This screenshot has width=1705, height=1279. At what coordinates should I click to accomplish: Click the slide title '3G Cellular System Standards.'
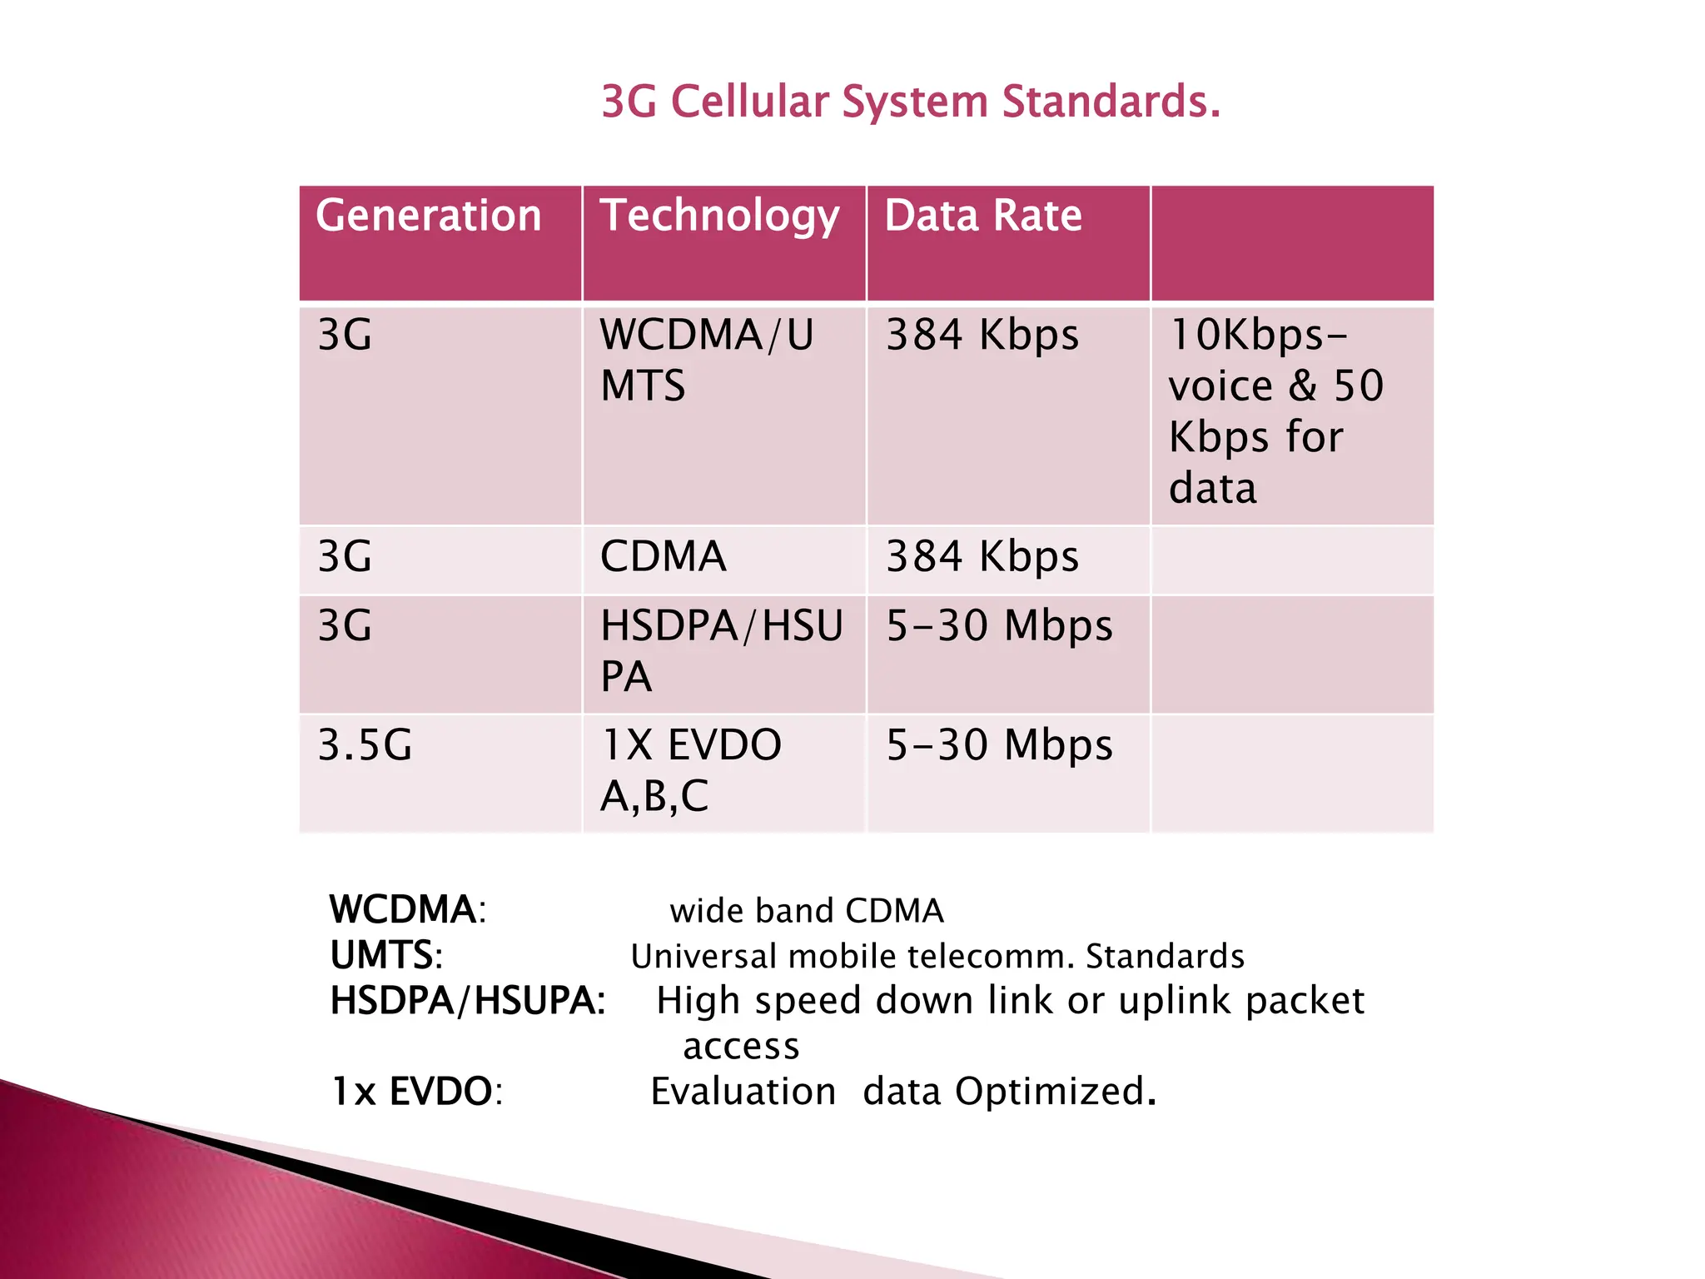(911, 102)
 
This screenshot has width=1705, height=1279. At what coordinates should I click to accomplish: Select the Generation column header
(429, 216)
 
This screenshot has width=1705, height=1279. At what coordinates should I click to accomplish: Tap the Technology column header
(719, 216)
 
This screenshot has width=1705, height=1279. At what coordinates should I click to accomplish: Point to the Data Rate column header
(983, 216)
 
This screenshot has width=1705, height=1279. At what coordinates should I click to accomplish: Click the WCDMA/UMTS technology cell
(706, 360)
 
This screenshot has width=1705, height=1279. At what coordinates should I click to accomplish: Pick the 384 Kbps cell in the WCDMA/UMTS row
(982, 335)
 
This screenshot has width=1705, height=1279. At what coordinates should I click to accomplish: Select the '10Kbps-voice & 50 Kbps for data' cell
(1275, 411)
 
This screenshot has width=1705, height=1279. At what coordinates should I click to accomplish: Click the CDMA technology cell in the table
(664, 556)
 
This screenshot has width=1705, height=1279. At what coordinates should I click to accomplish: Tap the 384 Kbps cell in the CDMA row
(982, 556)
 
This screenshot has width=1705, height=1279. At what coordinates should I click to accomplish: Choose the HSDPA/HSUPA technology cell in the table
(721, 650)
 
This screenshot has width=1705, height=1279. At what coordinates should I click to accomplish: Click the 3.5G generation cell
(365, 744)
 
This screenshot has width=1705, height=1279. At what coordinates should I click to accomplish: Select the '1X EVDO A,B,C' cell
(691, 769)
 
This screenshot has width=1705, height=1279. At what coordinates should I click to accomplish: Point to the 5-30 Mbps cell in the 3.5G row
(999, 744)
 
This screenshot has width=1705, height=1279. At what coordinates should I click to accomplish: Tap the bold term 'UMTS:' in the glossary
(386, 955)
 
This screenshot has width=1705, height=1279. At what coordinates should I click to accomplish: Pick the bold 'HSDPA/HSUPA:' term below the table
(468, 1000)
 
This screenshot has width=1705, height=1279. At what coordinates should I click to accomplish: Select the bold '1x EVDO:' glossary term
(417, 1091)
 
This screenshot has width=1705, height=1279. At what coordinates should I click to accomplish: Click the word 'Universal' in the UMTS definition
(703, 956)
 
